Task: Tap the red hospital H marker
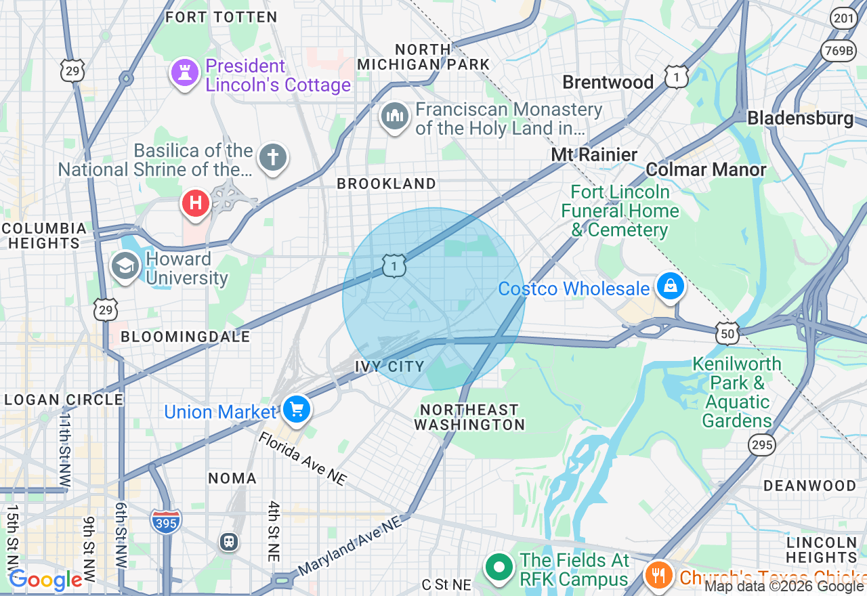coord(196,203)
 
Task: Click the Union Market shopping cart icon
coord(297,409)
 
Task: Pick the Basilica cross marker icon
coord(273,158)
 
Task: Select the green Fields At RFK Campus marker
coord(500,568)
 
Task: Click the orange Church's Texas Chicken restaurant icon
coord(657,576)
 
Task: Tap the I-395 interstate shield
coord(166,521)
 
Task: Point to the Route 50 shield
coord(726,332)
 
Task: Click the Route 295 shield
coord(760,444)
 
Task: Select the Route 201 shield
coord(844,18)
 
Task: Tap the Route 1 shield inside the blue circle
coord(394,265)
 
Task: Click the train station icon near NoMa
coord(229,542)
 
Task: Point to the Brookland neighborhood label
coord(387,184)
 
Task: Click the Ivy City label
coord(389,366)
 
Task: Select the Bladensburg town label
coord(800,118)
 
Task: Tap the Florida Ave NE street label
coord(303,459)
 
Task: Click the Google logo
coord(45,580)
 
